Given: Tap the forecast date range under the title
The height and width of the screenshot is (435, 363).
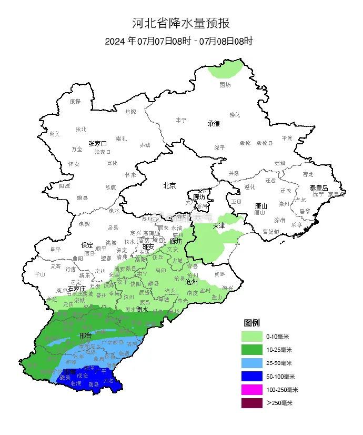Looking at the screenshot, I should point(179,41).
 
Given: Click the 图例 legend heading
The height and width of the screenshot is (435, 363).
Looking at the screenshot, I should point(251,322).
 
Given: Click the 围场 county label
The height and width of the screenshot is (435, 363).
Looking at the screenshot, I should point(225,84).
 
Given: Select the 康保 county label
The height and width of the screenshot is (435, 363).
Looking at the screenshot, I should point(75,101).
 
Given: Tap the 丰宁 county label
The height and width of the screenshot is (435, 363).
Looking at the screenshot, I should point(181,120).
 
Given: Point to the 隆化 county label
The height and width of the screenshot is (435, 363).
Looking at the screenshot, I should point(234,115).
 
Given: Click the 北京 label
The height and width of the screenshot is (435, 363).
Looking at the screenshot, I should point(169,185).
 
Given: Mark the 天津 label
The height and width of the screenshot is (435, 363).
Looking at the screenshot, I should point(218,225).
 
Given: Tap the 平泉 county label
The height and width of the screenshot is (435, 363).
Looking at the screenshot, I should point(287,137).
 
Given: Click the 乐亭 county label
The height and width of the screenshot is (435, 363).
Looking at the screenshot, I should point(297,224).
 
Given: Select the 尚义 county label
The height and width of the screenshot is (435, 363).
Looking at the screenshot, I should point(54,134).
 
